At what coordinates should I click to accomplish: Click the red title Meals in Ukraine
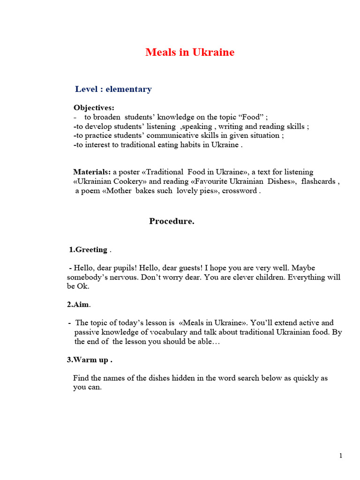190,52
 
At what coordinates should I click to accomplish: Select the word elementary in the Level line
128,89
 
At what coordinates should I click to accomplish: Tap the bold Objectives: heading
94,108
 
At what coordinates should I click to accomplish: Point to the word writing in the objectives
231,127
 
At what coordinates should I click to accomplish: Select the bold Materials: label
92,172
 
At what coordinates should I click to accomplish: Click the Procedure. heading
172,222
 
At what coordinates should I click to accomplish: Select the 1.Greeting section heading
89,249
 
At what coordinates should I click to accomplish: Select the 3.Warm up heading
90,360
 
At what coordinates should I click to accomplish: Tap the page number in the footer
341,456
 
